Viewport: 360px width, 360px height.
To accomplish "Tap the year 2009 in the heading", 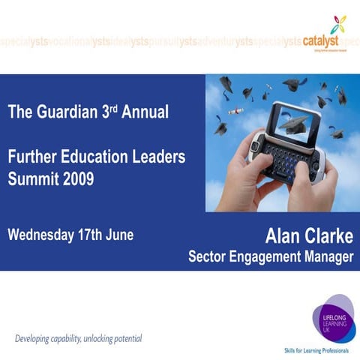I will point(79,179).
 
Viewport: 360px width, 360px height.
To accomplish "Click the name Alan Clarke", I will point(308,236).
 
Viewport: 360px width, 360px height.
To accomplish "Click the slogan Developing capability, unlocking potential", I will point(78,338).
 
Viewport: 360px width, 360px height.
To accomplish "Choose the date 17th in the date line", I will point(90,235).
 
